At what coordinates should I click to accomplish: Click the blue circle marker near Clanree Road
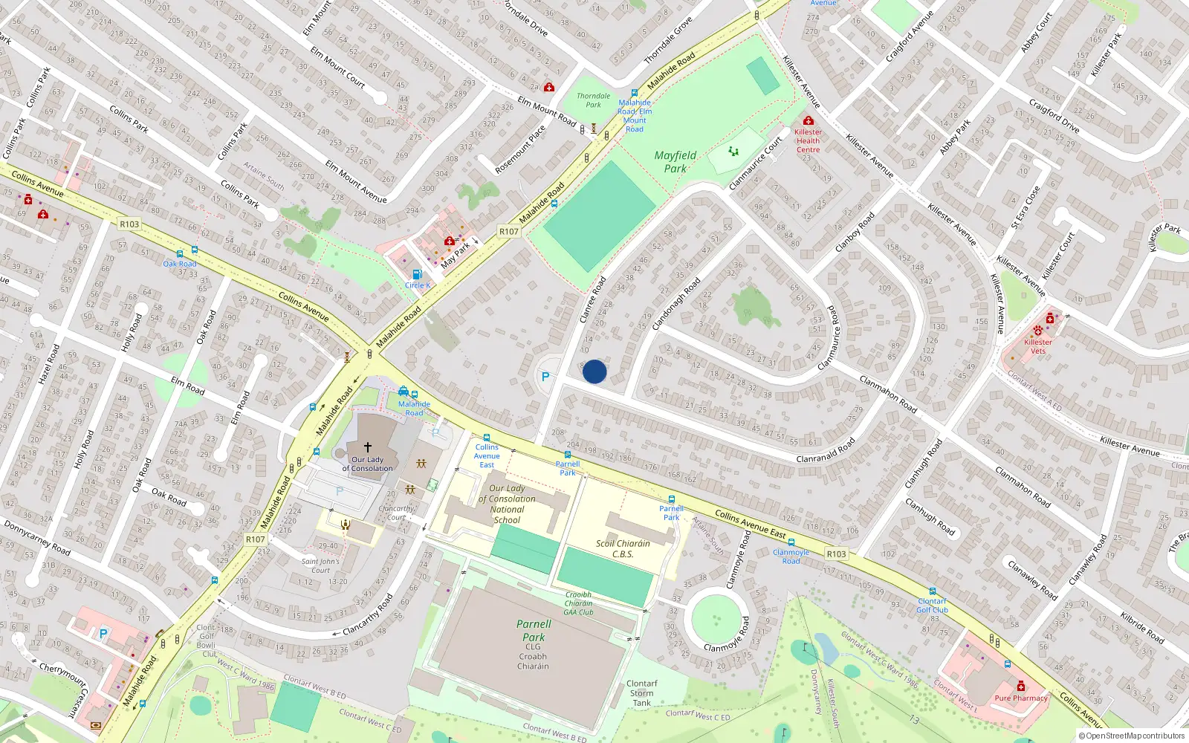pyautogui.click(x=594, y=371)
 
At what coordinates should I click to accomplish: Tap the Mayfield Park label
pyautogui.click(x=675, y=162)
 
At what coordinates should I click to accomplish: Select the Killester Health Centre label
pyautogui.click(x=808, y=140)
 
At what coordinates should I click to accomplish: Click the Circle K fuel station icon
pyautogui.click(x=417, y=275)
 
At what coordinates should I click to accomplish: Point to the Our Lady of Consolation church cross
pyautogui.click(x=367, y=447)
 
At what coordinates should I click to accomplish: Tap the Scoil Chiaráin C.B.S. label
pyautogui.click(x=623, y=548)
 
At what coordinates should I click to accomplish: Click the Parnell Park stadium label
pyautogui.click(x=534, y=631)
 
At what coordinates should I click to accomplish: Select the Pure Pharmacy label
pyautogui.click(x=1021, y=698)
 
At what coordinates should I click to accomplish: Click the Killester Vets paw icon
pyautogui.click(x=1038, y=331)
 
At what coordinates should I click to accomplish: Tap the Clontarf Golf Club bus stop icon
pyautogui.click(x=932, y=592)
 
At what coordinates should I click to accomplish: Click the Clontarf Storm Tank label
pyautogui.click(x=641, y=693)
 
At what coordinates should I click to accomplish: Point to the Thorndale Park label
pyautogui.click(x=593, y=100)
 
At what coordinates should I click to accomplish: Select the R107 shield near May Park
pyautogui.click(x=508, y=232)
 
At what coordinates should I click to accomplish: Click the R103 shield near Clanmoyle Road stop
pyautogui.click(x=836, y=554)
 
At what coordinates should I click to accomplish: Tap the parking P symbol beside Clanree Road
pyautogui.click(x=545, y=377)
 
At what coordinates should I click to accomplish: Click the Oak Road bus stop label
pyautogui.click(x=180, y=264)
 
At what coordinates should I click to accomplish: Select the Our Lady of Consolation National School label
pyautogui.click(x=507, y=504)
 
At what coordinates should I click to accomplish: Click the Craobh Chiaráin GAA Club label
pyautogui.click(x=578, y=603)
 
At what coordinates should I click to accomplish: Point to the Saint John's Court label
pyautogui.click(x=320, y=566)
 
